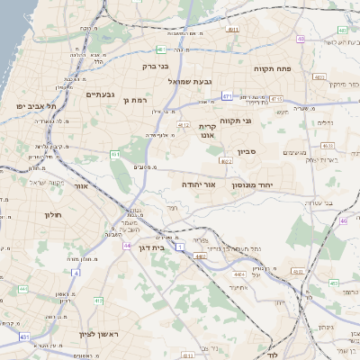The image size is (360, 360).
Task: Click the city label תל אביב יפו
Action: point(36,105)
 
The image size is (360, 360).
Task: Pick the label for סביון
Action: point(247,152)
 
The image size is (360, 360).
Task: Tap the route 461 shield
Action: point(115,155)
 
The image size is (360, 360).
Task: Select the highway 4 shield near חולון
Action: point(76,273)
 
